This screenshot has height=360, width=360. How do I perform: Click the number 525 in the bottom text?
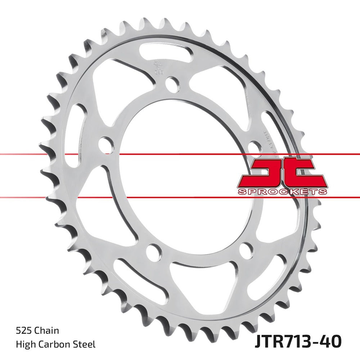[23, 330]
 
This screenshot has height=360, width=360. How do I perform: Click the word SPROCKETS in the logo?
[283, 192]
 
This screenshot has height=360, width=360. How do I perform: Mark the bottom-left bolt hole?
[154, 250]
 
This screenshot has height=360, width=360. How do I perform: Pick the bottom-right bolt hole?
[246, 249]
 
